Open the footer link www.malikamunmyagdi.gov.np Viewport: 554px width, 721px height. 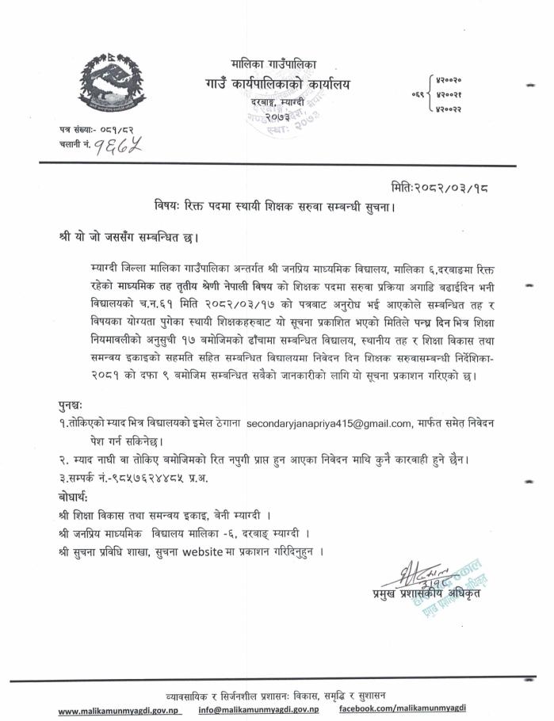point(120,711)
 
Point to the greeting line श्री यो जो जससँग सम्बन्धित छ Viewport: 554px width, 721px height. point(130,237)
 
